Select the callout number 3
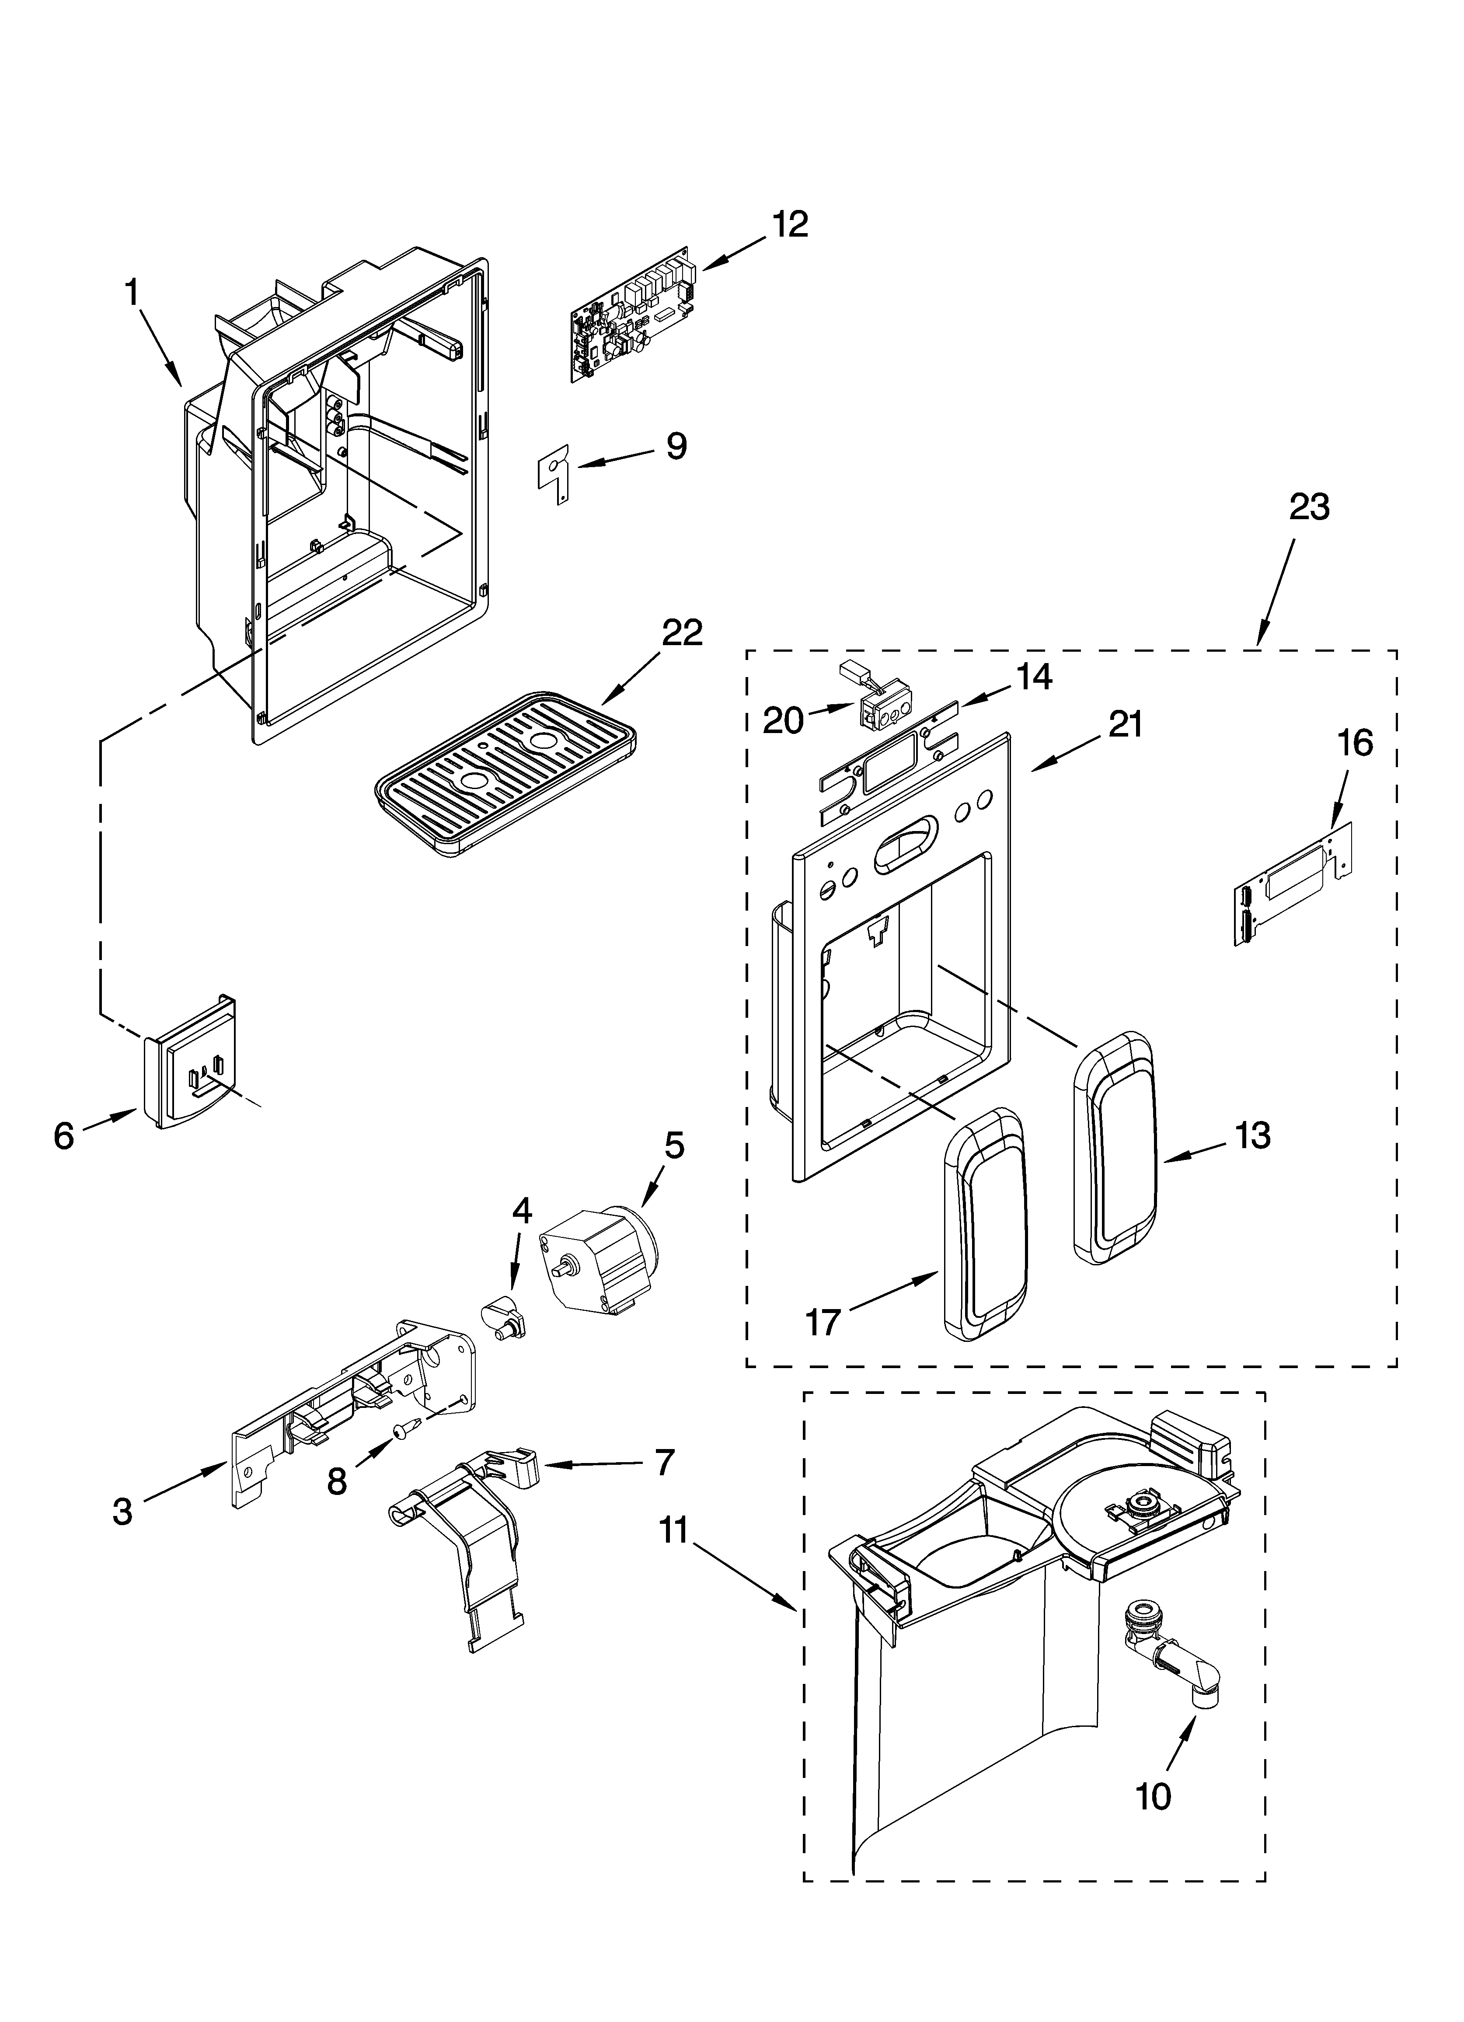(122, 1510)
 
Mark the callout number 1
(132, 292)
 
